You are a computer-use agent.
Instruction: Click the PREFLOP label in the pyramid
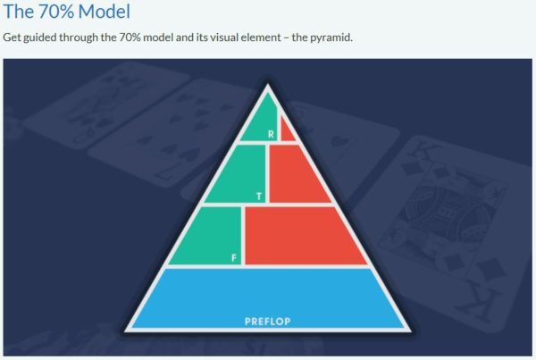(268, 322)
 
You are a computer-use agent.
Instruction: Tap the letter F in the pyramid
(234, 258)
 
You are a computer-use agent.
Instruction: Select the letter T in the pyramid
(259, 197)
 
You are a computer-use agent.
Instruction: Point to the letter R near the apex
(271, 134)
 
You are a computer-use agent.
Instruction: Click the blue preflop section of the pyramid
(268, 298)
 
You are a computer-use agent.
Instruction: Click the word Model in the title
(104, 12)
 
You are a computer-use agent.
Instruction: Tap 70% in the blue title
(55, 12)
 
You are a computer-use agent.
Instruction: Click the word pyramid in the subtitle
(331, 38)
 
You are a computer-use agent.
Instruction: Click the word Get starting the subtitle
(12, 37)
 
